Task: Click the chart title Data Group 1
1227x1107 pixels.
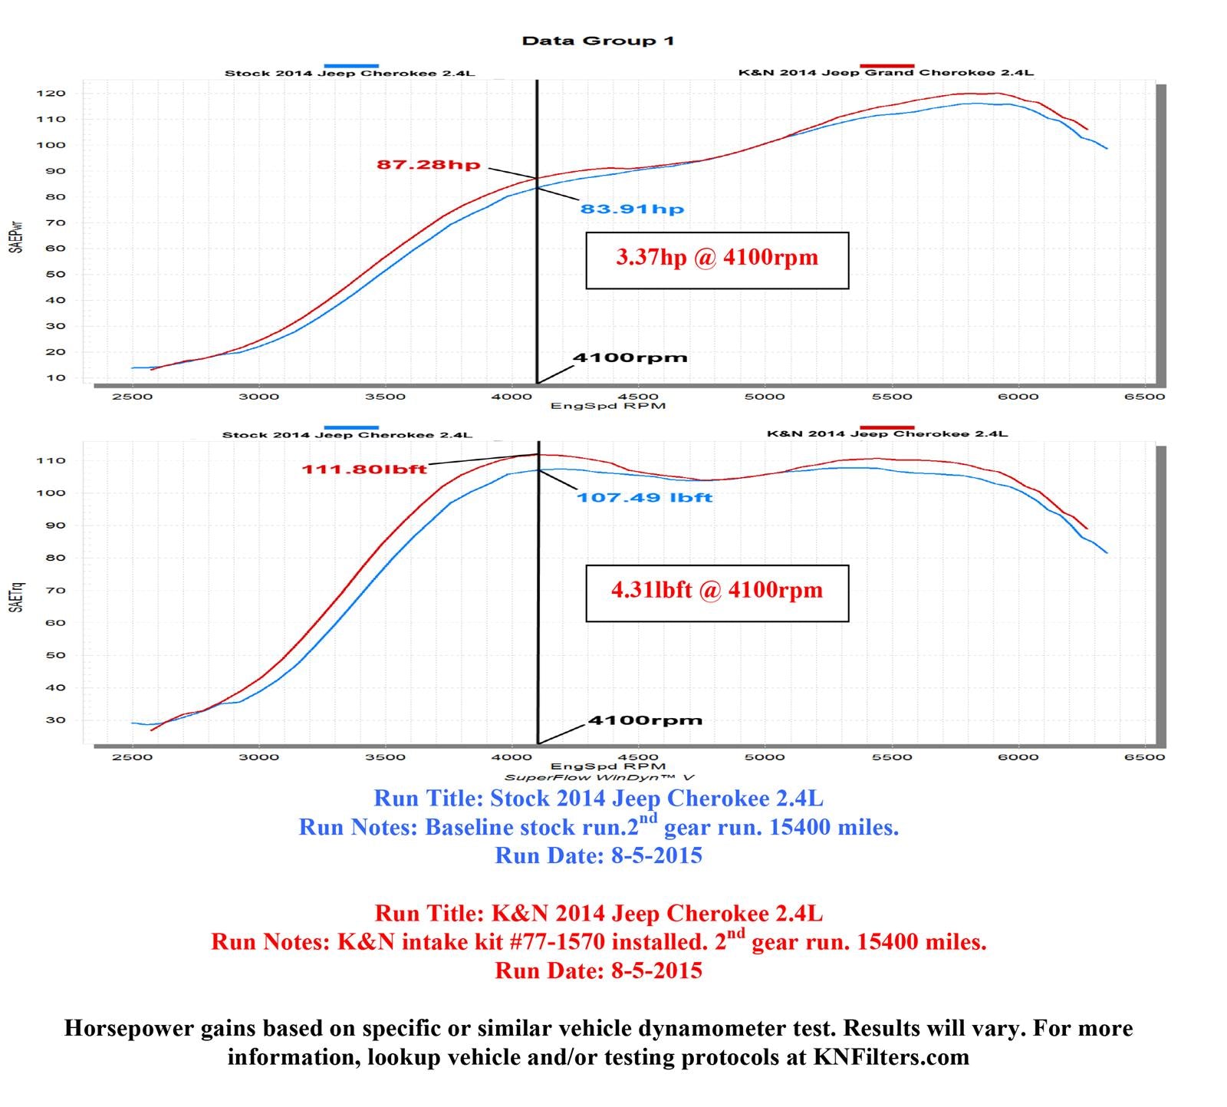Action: [597, 41]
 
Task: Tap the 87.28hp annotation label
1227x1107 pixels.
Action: [428, 164]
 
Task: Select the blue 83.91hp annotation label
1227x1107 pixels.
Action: [631, 209]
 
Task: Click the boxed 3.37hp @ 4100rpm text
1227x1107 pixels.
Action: [717, 257]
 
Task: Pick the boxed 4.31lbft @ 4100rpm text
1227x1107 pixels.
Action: [717, 590]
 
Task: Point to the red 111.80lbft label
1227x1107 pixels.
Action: [363, 469]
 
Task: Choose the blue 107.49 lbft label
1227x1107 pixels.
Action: [644, 497]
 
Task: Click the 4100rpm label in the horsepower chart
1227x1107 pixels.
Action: [630, 357]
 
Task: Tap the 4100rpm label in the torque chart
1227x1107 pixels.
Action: [644, 720]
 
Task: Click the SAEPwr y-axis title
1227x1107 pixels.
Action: [16, 237]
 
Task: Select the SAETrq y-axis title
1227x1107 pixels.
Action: [16, 596]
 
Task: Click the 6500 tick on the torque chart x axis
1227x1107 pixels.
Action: [1144, 756]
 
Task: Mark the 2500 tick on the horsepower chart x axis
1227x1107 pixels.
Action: [132, 397]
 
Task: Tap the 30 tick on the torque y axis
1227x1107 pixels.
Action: [58, 720]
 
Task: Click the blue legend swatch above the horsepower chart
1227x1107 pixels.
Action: [351, 66]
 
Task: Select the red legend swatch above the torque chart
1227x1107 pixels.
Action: [887, 427]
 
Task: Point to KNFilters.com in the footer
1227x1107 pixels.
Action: [891, 1057]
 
